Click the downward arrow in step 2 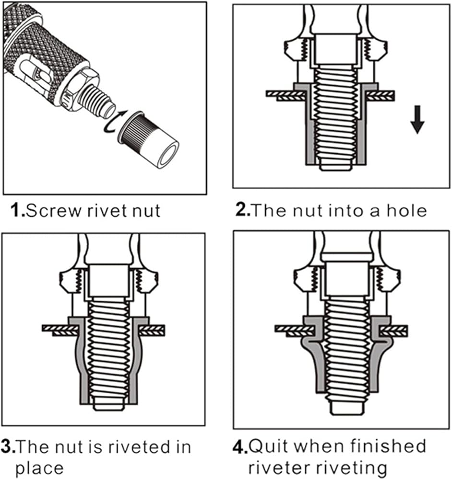417,119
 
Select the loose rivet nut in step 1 148,139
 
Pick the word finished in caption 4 388,446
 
